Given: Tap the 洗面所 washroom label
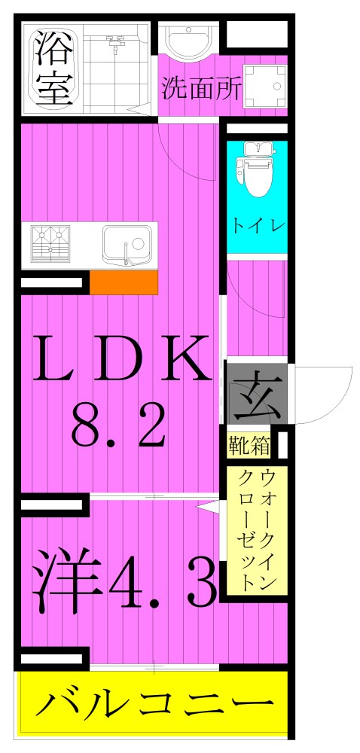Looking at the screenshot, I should [x=200, y=88].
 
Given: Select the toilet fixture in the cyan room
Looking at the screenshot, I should [x=256, y=173].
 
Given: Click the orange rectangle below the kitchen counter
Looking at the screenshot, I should [x=124, y=282].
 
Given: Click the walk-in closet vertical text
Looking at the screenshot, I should [x=257, y=531].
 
